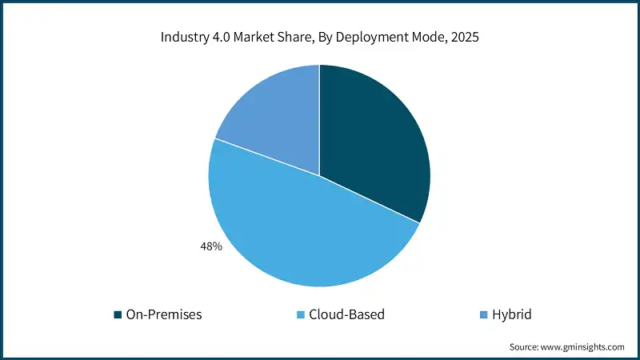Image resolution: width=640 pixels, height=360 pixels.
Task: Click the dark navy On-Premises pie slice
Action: click(x=372, y=136)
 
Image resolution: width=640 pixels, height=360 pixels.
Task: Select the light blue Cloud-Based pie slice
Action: click(x=312, y=232)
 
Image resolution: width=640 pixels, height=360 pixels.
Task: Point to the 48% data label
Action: click(x=210, y=247)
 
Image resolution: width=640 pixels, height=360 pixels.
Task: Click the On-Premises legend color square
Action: click(x=118, y=314)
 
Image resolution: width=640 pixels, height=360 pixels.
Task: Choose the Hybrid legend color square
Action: click(x=482, y=314)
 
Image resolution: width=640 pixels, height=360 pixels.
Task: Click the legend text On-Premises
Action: click(x=164, y=314)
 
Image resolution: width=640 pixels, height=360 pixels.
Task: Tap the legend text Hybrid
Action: click(x=513, y=314)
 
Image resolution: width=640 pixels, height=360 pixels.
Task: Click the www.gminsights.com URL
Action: click(x=583, y=347)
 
